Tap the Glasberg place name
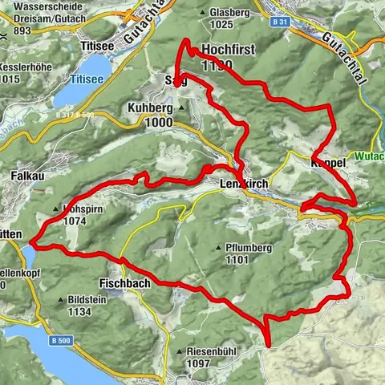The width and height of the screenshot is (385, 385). tap(225, 14)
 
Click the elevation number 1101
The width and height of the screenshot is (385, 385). tap(239, 260)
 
